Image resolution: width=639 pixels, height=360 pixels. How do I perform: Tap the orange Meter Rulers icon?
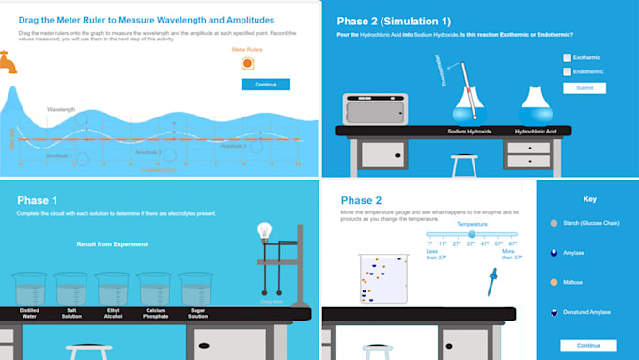(247, 63)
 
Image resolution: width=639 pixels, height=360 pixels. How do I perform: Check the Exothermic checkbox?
(567, 57)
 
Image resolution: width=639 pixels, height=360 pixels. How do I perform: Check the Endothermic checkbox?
(567, 71)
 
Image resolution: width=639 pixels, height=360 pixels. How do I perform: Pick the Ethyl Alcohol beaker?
(113, 289)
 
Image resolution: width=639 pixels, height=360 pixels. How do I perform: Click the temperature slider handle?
(460, 234)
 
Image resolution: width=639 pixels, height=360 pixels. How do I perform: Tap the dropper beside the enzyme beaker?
(491, 279)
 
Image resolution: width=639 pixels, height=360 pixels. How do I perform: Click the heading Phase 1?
(37, 200)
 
